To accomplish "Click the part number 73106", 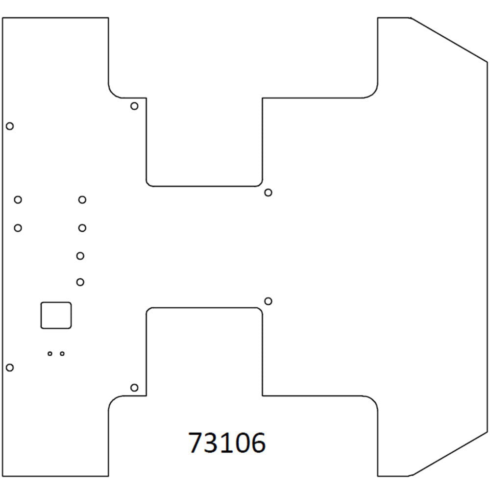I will tap(227, 443).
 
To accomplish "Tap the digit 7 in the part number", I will tap(196, 443).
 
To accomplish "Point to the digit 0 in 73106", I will tap(243, 443).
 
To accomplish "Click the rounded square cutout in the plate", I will tap(56, 315).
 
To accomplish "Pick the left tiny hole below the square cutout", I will tap(50, 353).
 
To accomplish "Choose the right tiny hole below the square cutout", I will tap(62, 353).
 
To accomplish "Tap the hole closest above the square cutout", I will tap(80, 282).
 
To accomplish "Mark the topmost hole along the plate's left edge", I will tap(9, 126).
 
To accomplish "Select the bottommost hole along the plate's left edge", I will tap(9, 367).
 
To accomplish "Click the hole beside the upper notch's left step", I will tap(134, 106).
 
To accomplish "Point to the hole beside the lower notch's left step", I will tap(134, 388).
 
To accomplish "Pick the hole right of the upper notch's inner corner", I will tap(268, 192).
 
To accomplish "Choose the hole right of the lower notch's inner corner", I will tap(268, 300).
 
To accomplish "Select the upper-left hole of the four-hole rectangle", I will tap(18, 199).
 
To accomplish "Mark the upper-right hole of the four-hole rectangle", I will tap(82, 199).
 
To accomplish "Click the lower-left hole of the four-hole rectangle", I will tap(18, 228).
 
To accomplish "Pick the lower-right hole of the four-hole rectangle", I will tap(82, 228).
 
